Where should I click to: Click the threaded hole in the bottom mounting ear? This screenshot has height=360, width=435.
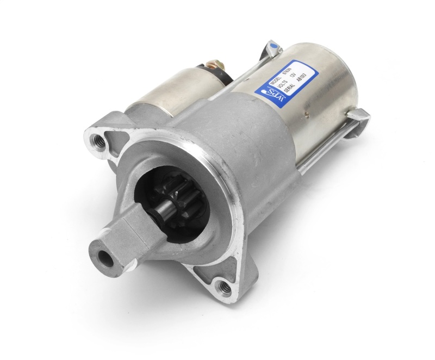click(220, 283)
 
